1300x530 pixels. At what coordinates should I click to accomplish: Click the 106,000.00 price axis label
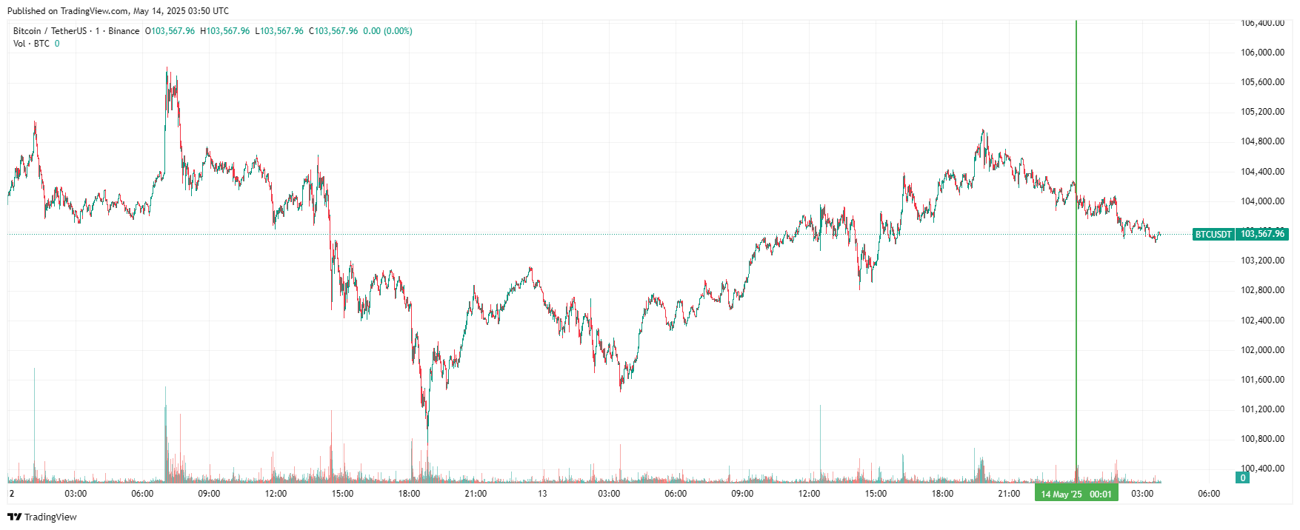click(x=1262, y=53)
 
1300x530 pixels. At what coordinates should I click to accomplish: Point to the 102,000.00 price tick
click(x=1262, y=350)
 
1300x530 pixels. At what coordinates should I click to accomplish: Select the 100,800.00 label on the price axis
click(x=1262, y=439)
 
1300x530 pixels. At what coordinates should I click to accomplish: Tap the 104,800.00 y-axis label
click(x=1262, y=141)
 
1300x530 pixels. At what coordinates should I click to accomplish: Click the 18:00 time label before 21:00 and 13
click(x=409, y=494)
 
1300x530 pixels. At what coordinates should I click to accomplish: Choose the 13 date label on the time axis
click(x=542, y=494)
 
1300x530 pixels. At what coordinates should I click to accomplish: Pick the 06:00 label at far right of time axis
click(x=1209, y=494)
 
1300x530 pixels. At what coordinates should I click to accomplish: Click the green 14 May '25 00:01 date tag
click(x=1076, y=494)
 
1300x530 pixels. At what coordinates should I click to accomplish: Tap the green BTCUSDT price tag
click(x=1213, y=235)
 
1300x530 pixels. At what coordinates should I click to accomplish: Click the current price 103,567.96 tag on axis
click(x=1263, y=235)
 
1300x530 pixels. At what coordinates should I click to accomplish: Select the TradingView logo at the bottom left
click(x=42, y=517)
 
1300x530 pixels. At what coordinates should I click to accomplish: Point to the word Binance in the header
click(x=124, y=31)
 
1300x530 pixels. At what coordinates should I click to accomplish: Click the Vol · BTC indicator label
click(x=31, y=44)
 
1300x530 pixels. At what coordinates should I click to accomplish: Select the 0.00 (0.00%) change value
click(x=387, y=31)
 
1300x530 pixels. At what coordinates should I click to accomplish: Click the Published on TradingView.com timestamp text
click(x=118, y=11)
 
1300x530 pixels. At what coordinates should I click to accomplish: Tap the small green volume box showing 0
click(x=1243, y=478)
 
